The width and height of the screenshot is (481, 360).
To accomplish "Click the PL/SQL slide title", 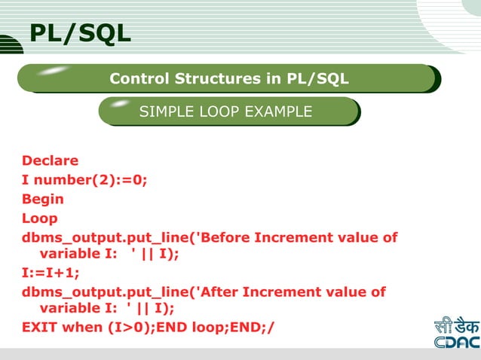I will pos(79,33).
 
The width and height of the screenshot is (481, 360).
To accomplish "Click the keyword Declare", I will pos(50,160).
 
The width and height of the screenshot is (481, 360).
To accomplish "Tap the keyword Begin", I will pos(43,200).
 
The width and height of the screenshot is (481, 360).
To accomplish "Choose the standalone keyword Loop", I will pos(40,218).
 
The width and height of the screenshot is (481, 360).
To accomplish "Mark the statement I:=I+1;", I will pos(51,273).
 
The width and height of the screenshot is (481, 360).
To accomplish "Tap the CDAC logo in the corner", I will pos(455,334).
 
